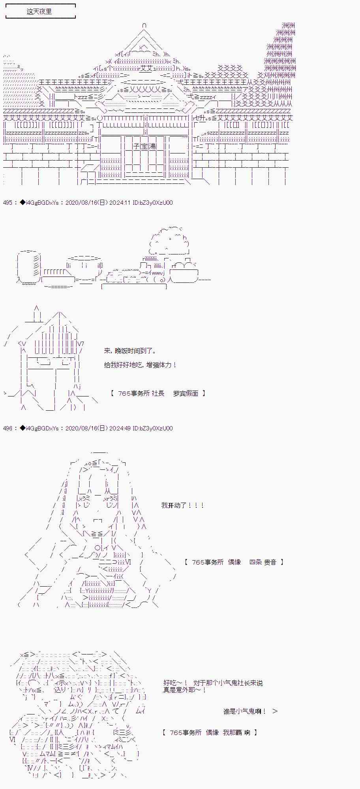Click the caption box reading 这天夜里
click(39, 11)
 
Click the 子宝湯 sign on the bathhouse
click(144, 146)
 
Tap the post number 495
click(7, 203)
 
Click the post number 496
click(7, 428)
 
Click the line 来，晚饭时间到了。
click(130, 351)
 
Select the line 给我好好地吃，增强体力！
click(140, 365)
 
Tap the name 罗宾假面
click(186, 393)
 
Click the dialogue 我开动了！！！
click(183, 505)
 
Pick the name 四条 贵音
click(263, 562)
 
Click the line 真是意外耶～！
click(184, 690)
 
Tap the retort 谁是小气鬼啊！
click(245, 711)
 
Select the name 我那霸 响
click(236, 733)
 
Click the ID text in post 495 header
click(153, 203)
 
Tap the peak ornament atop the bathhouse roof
click(144, 26)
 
